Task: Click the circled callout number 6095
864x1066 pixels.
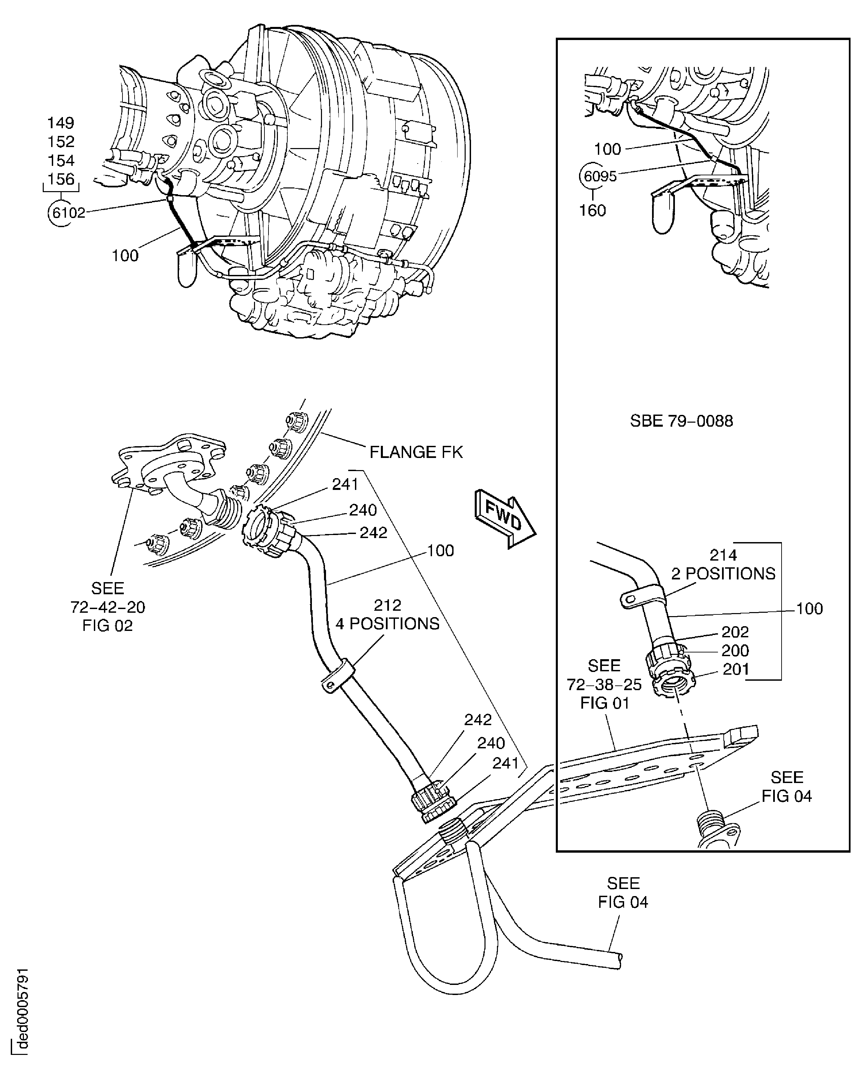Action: point(600,176)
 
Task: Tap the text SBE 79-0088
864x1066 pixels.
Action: point(681,421)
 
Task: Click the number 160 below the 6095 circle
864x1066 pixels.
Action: point(592,211)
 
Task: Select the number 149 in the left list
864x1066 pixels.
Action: point(60,122)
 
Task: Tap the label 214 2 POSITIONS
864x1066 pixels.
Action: point(723,564)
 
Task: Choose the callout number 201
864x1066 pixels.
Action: point(735,669)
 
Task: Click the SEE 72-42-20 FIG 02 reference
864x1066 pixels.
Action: point(108,607)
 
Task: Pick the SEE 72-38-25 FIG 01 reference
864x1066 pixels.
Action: point(604,684)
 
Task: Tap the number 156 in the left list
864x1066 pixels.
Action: point(60,179)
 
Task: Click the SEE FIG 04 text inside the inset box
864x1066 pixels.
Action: point(786,787)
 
